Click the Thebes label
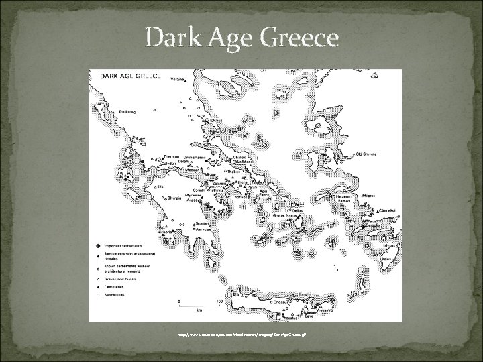point(233,172)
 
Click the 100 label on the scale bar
point(219,302)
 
